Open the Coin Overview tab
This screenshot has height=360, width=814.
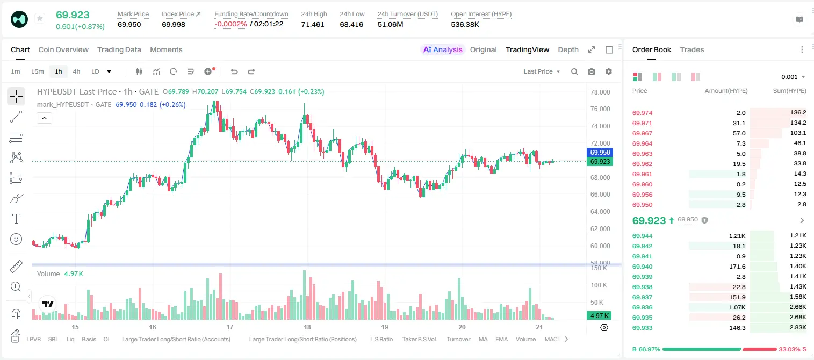click(63, 49)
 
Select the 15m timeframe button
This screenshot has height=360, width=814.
click(37, 71)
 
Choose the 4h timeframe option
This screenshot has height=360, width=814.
click(76, 71)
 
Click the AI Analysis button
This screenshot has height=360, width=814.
click(443, 49)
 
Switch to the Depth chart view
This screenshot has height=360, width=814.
click(568, 49)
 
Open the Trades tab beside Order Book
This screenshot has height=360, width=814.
click(692, 49)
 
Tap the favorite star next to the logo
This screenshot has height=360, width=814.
click(40, 18)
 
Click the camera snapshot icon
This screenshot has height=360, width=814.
click(592, 71)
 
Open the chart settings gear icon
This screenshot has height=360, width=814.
click(609, 71)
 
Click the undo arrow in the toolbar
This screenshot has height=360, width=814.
click(234, 71)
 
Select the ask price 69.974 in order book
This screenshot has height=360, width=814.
click(642, 113)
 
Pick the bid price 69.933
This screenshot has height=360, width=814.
click(642, 328)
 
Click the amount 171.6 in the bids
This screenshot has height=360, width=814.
click(737, 267)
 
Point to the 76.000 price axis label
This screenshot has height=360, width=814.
click(600, 109)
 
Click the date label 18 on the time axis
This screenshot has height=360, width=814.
click(307, 327)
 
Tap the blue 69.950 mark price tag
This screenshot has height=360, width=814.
click(600, 152)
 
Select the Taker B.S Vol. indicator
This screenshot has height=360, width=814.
click(419, 339)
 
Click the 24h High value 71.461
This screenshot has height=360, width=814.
click(313, 24)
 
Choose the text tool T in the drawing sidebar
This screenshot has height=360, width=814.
click(16, 219)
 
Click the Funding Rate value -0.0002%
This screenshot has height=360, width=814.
click(230, 24)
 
